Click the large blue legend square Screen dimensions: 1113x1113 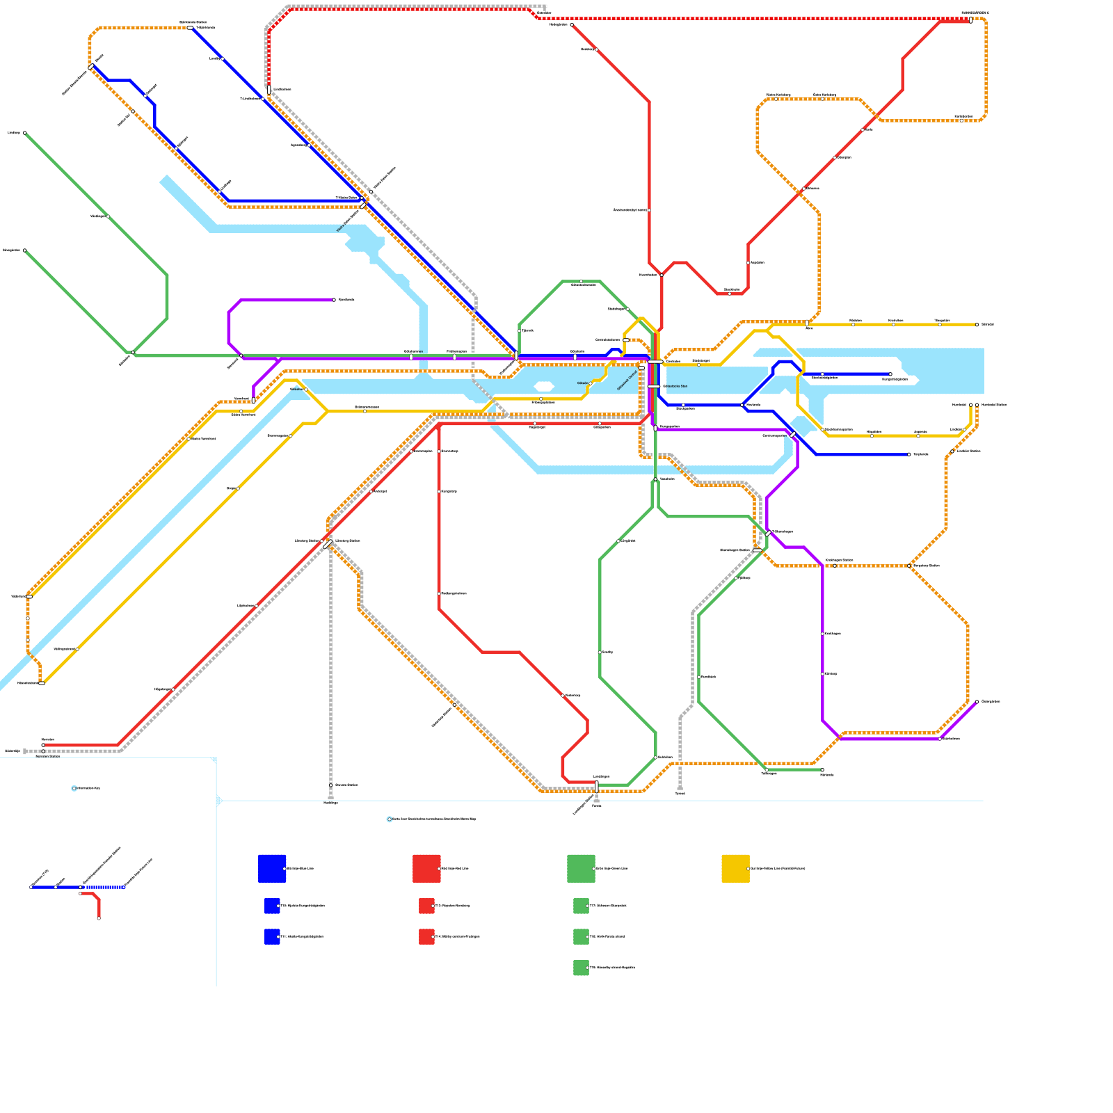click(272, 868)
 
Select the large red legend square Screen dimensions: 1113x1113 click(426, 868)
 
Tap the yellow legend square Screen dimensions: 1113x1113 click(735, 868)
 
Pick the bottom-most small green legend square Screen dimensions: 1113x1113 click(581, 968)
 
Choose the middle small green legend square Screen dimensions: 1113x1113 click(581, 936)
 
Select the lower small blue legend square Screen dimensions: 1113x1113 click(272, 936)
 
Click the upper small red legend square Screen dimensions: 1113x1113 click(426, 906)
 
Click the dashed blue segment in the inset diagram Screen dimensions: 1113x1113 click(102, 887)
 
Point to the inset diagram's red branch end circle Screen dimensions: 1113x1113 click(99, 918)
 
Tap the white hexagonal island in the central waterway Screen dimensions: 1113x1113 click(544, 386)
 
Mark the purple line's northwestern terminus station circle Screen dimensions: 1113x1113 click(334, 300)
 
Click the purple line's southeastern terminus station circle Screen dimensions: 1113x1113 click(977, 701)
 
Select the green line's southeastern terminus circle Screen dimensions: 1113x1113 click(822, 770)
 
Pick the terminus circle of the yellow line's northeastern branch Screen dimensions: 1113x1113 click(977, 325)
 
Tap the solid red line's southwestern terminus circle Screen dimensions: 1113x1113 click(43, 745)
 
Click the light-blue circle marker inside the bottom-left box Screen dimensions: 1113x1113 click(74, 788)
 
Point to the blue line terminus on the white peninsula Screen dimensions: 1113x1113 click(890, 374)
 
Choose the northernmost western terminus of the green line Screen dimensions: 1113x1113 click(24, 133)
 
